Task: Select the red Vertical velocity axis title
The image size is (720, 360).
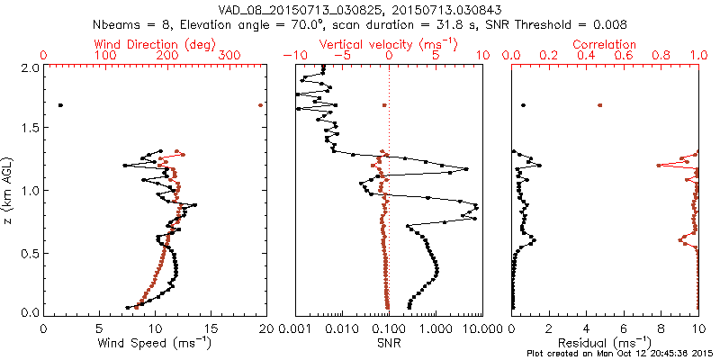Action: coord(388,44)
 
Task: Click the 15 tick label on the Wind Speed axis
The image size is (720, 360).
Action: coord(210,328)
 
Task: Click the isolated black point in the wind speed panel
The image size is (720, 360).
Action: coord(60,105)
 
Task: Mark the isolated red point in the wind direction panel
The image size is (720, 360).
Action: coord(260,105)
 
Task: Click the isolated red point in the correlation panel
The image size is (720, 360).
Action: coord(599,105)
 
